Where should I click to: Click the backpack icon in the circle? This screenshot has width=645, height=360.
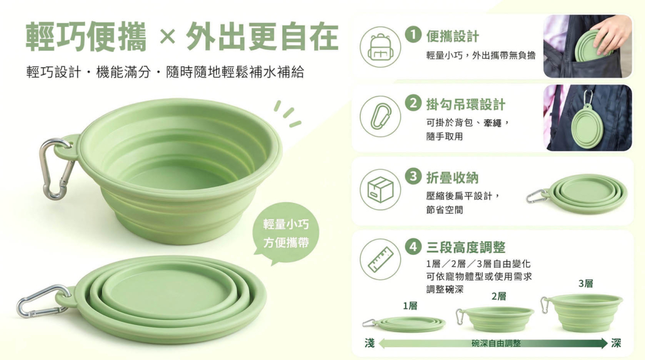coord(380,46)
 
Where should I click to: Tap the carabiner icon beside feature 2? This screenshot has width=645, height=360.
coord(380,116)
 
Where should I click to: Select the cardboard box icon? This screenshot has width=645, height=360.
coord(380,190)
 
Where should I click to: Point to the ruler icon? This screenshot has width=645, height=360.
coord(380,260)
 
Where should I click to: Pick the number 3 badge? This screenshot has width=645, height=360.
coord(413,176)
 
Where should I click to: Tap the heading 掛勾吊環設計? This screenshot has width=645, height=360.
coord(465,105)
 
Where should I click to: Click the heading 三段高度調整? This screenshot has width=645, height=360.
coord(466,247)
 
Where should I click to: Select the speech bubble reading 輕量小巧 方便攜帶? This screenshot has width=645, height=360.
coord(286,233)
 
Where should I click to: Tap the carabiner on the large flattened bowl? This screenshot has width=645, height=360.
coord(43,301)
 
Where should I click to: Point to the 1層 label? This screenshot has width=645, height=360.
coord(410,306)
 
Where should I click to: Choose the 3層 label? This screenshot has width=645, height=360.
coord(586,284)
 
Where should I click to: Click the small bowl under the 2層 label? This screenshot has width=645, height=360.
coord(495,319)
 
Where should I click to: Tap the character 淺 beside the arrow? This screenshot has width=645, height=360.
coord(369,342)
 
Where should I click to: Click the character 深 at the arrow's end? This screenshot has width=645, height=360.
coord(616,342)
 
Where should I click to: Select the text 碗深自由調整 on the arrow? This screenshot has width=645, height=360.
coord(496,343)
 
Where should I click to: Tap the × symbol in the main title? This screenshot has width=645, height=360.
coord(167,37)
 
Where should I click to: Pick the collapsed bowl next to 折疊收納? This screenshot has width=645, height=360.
coord(577,194)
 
